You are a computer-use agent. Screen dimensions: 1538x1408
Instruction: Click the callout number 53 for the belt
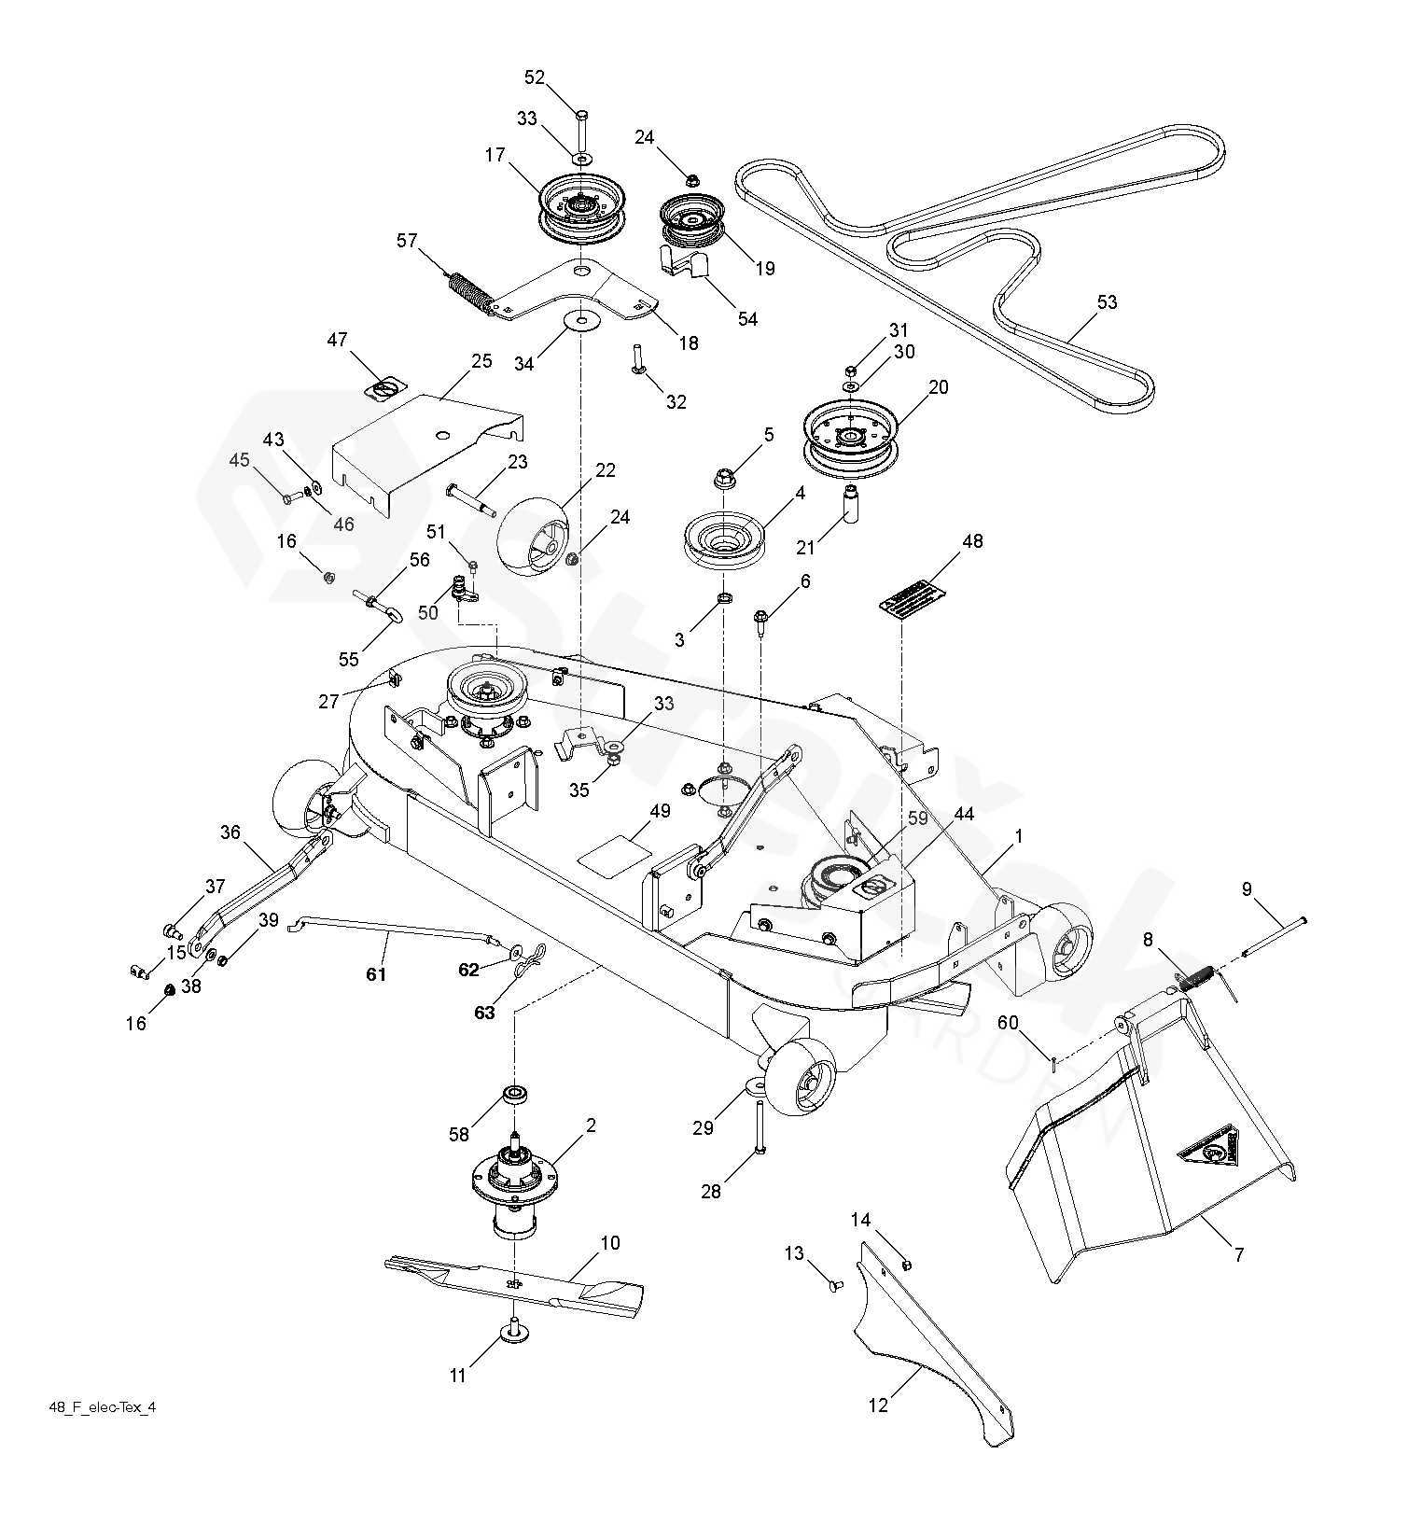1107,302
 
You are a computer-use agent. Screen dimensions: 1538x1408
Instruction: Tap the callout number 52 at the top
535,77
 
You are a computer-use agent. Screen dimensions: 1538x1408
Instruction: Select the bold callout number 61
375,974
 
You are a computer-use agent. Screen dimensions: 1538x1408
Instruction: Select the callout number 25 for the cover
481,361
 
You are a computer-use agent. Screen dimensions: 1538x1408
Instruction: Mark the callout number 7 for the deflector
1239,1254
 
